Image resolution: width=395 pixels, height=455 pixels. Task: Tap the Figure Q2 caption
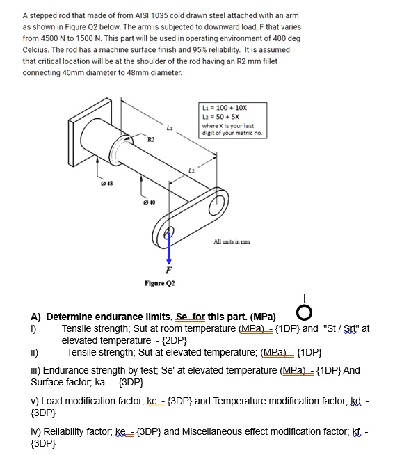[160, 283]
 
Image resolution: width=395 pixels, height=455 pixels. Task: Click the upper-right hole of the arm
[216, 202]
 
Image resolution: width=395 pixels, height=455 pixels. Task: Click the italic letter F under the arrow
[168, 270]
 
